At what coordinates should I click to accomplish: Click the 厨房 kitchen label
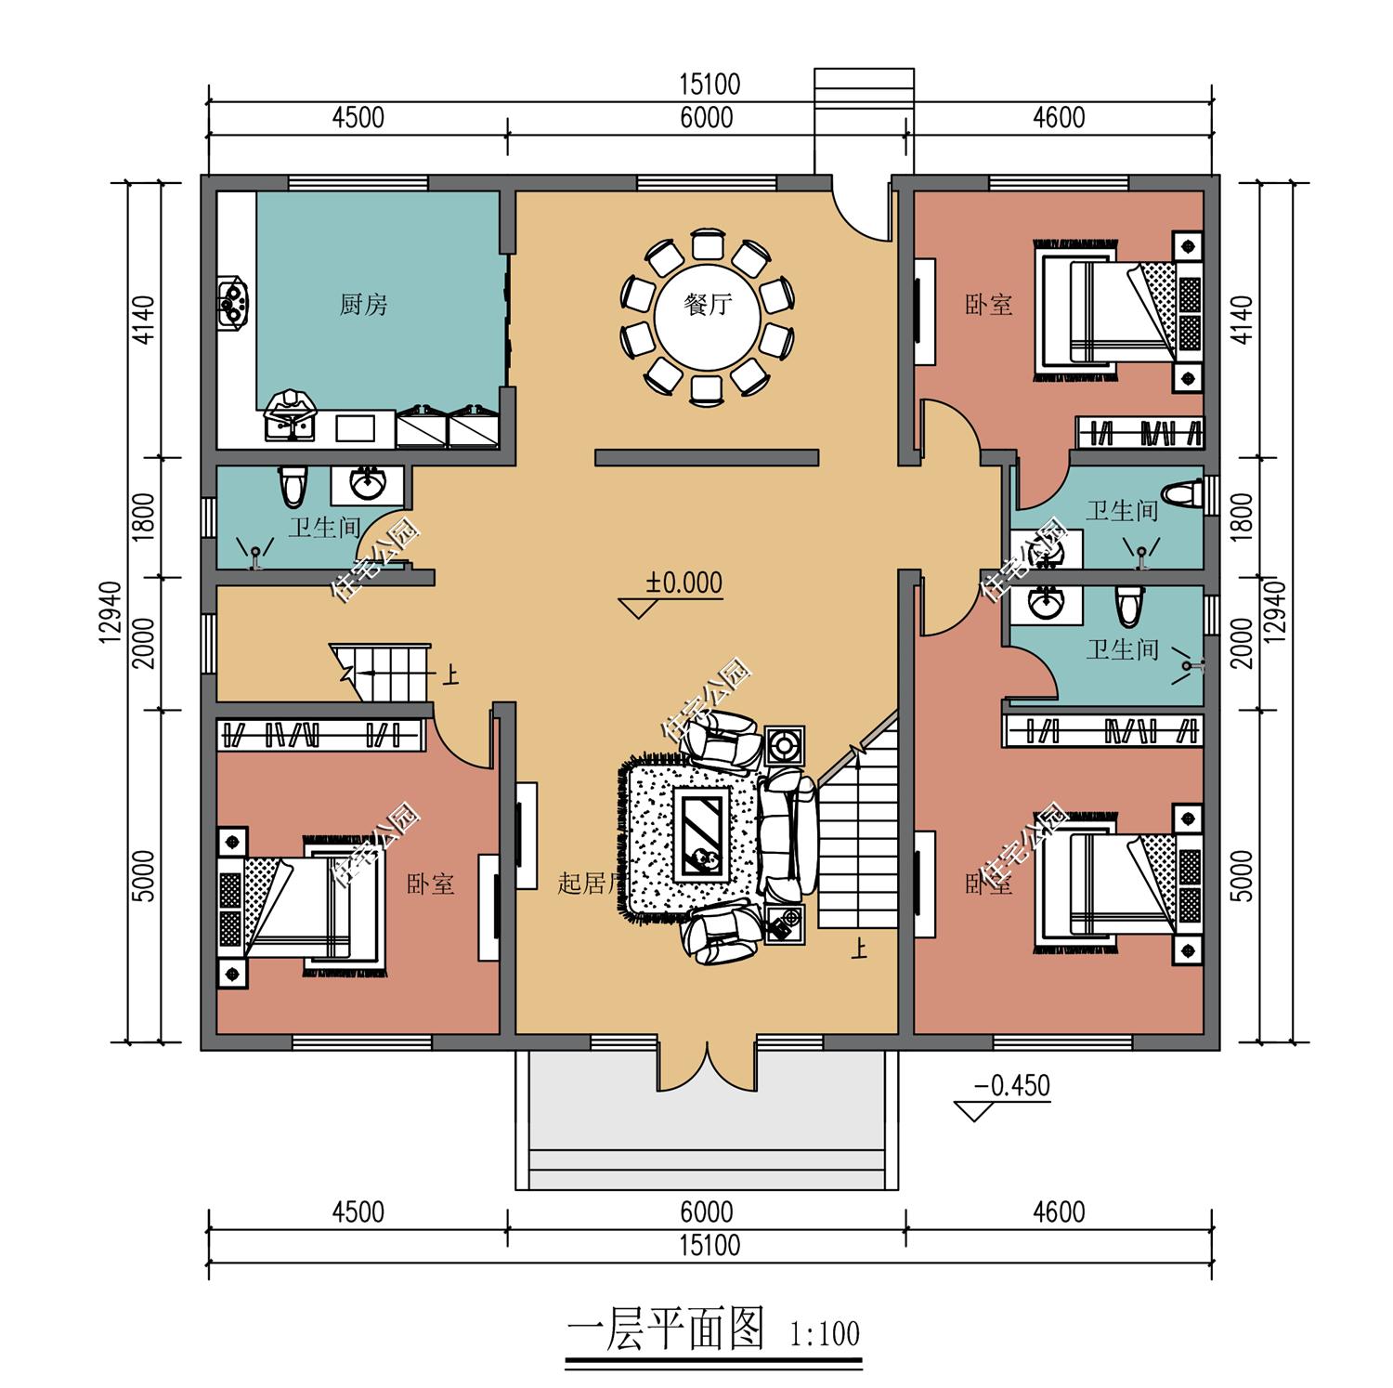point(363,304)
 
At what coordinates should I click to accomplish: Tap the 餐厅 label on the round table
point(708,304)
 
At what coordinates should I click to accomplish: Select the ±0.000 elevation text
point(684,583)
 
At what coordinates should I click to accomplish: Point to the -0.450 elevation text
point(1011,1085)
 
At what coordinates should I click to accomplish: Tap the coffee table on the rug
point(702,833)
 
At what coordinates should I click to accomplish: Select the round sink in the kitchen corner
point(232,300)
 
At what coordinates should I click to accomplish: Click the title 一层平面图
point(664,1330)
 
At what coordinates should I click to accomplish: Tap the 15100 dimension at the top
point(710,85)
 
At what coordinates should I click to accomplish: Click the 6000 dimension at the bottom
point(706,1212)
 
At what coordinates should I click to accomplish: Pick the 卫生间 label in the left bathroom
point(323,528)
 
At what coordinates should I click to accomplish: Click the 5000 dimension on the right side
point(1244,874)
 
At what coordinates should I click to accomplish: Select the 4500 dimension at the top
point(358,118)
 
